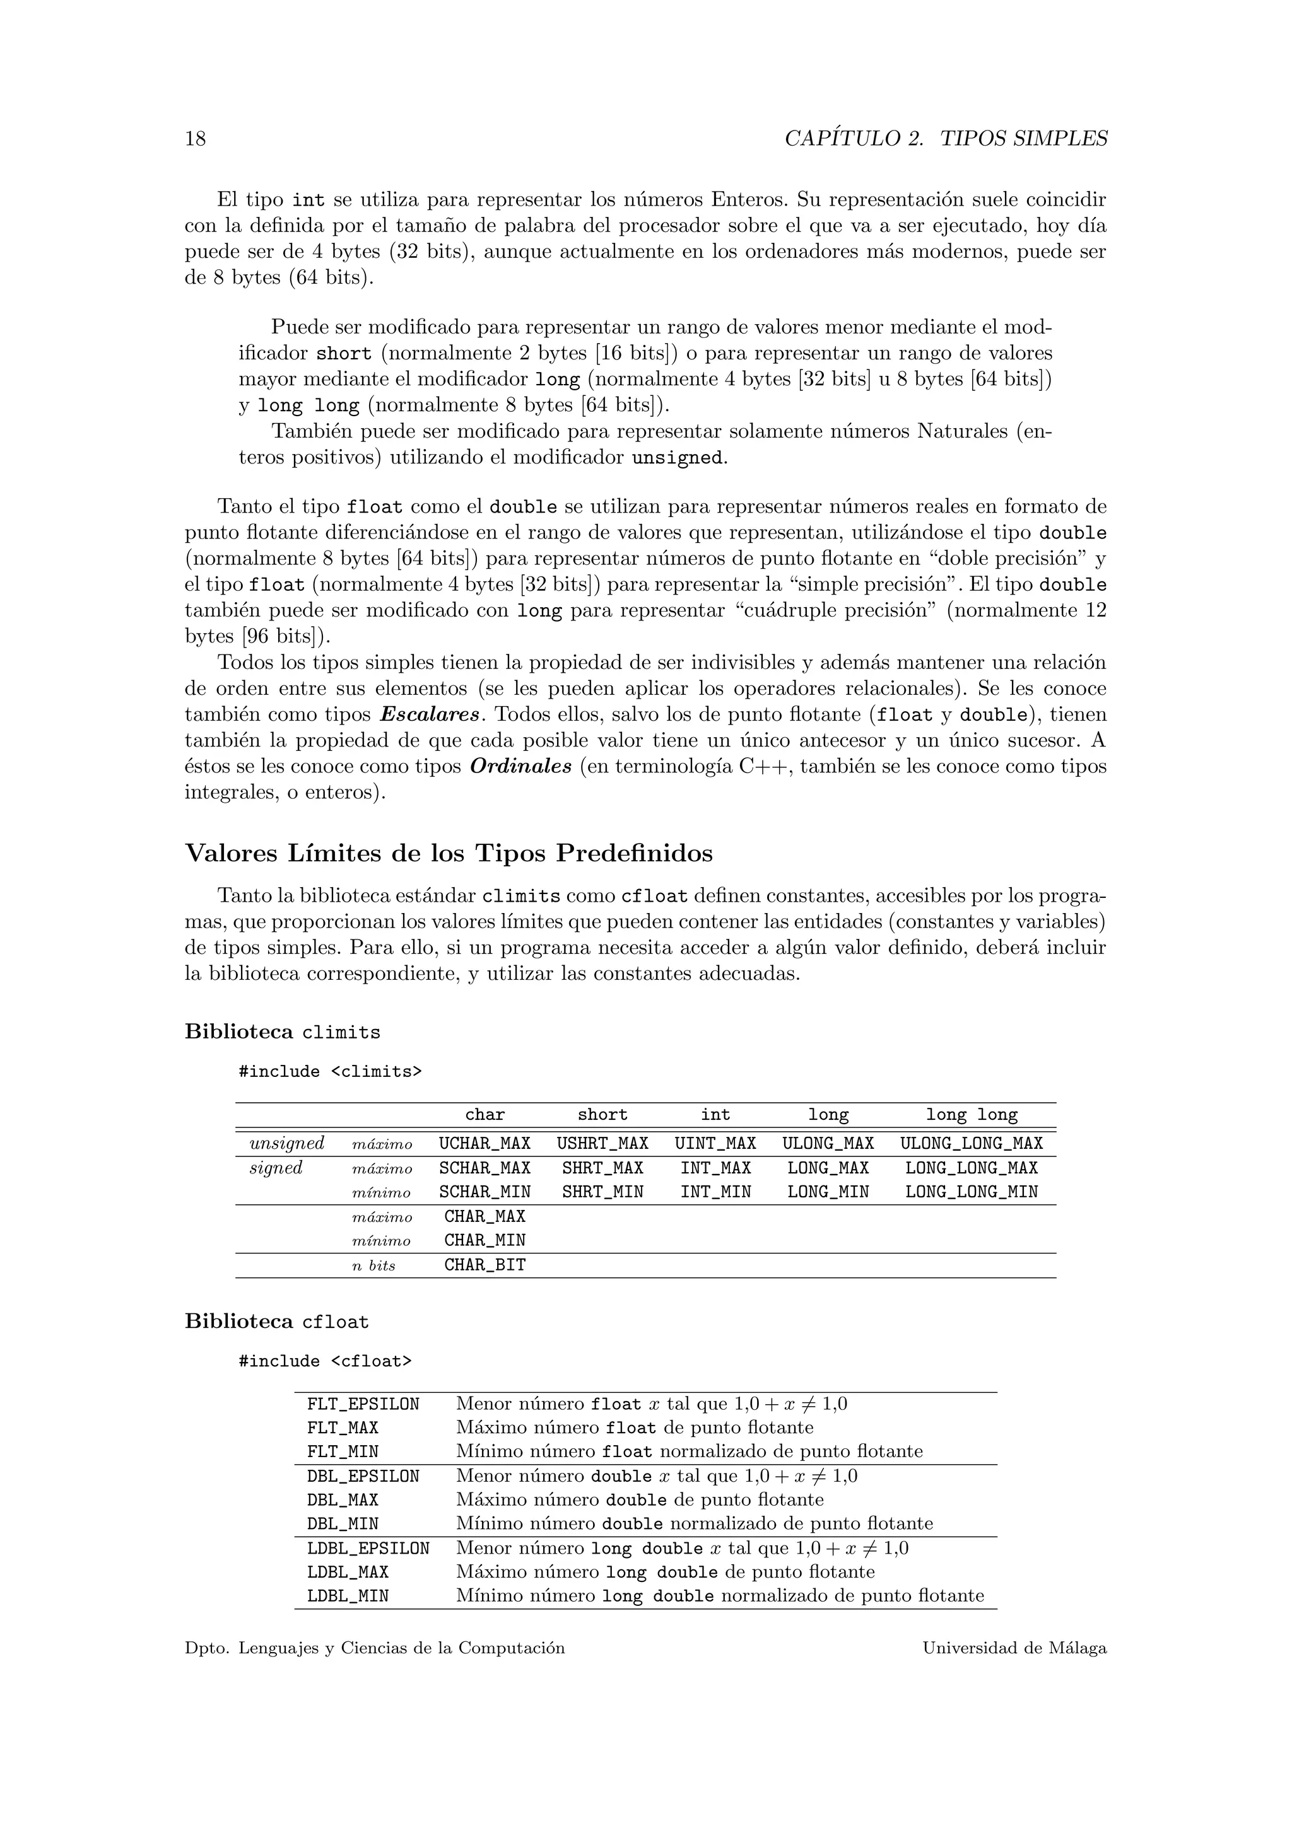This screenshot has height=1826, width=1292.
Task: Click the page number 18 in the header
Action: point(195,139)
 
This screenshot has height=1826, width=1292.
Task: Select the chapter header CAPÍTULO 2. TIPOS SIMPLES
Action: point(945,139)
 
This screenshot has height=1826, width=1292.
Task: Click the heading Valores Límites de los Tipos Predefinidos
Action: point(449,853)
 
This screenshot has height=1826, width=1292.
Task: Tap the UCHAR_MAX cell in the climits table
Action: point(484,1144)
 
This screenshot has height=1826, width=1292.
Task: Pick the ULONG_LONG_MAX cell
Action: point(971,1144)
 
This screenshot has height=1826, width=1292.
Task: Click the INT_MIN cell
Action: point(715,1191)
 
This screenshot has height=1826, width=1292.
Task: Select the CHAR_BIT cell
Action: point(484,1265)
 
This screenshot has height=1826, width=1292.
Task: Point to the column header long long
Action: point(971,1115)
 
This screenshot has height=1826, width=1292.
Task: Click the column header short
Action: point(602,1115)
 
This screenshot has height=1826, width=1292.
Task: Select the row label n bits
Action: point(373,1266)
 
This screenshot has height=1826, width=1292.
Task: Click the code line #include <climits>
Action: point(330,1071)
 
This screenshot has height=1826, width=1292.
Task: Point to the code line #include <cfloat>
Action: point(326,1361)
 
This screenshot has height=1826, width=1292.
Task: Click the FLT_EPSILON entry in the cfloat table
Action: point(363,1404)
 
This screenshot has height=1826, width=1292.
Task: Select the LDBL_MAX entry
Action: point(348,1573)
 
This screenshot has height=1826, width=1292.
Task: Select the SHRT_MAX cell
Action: point(602,1168)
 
